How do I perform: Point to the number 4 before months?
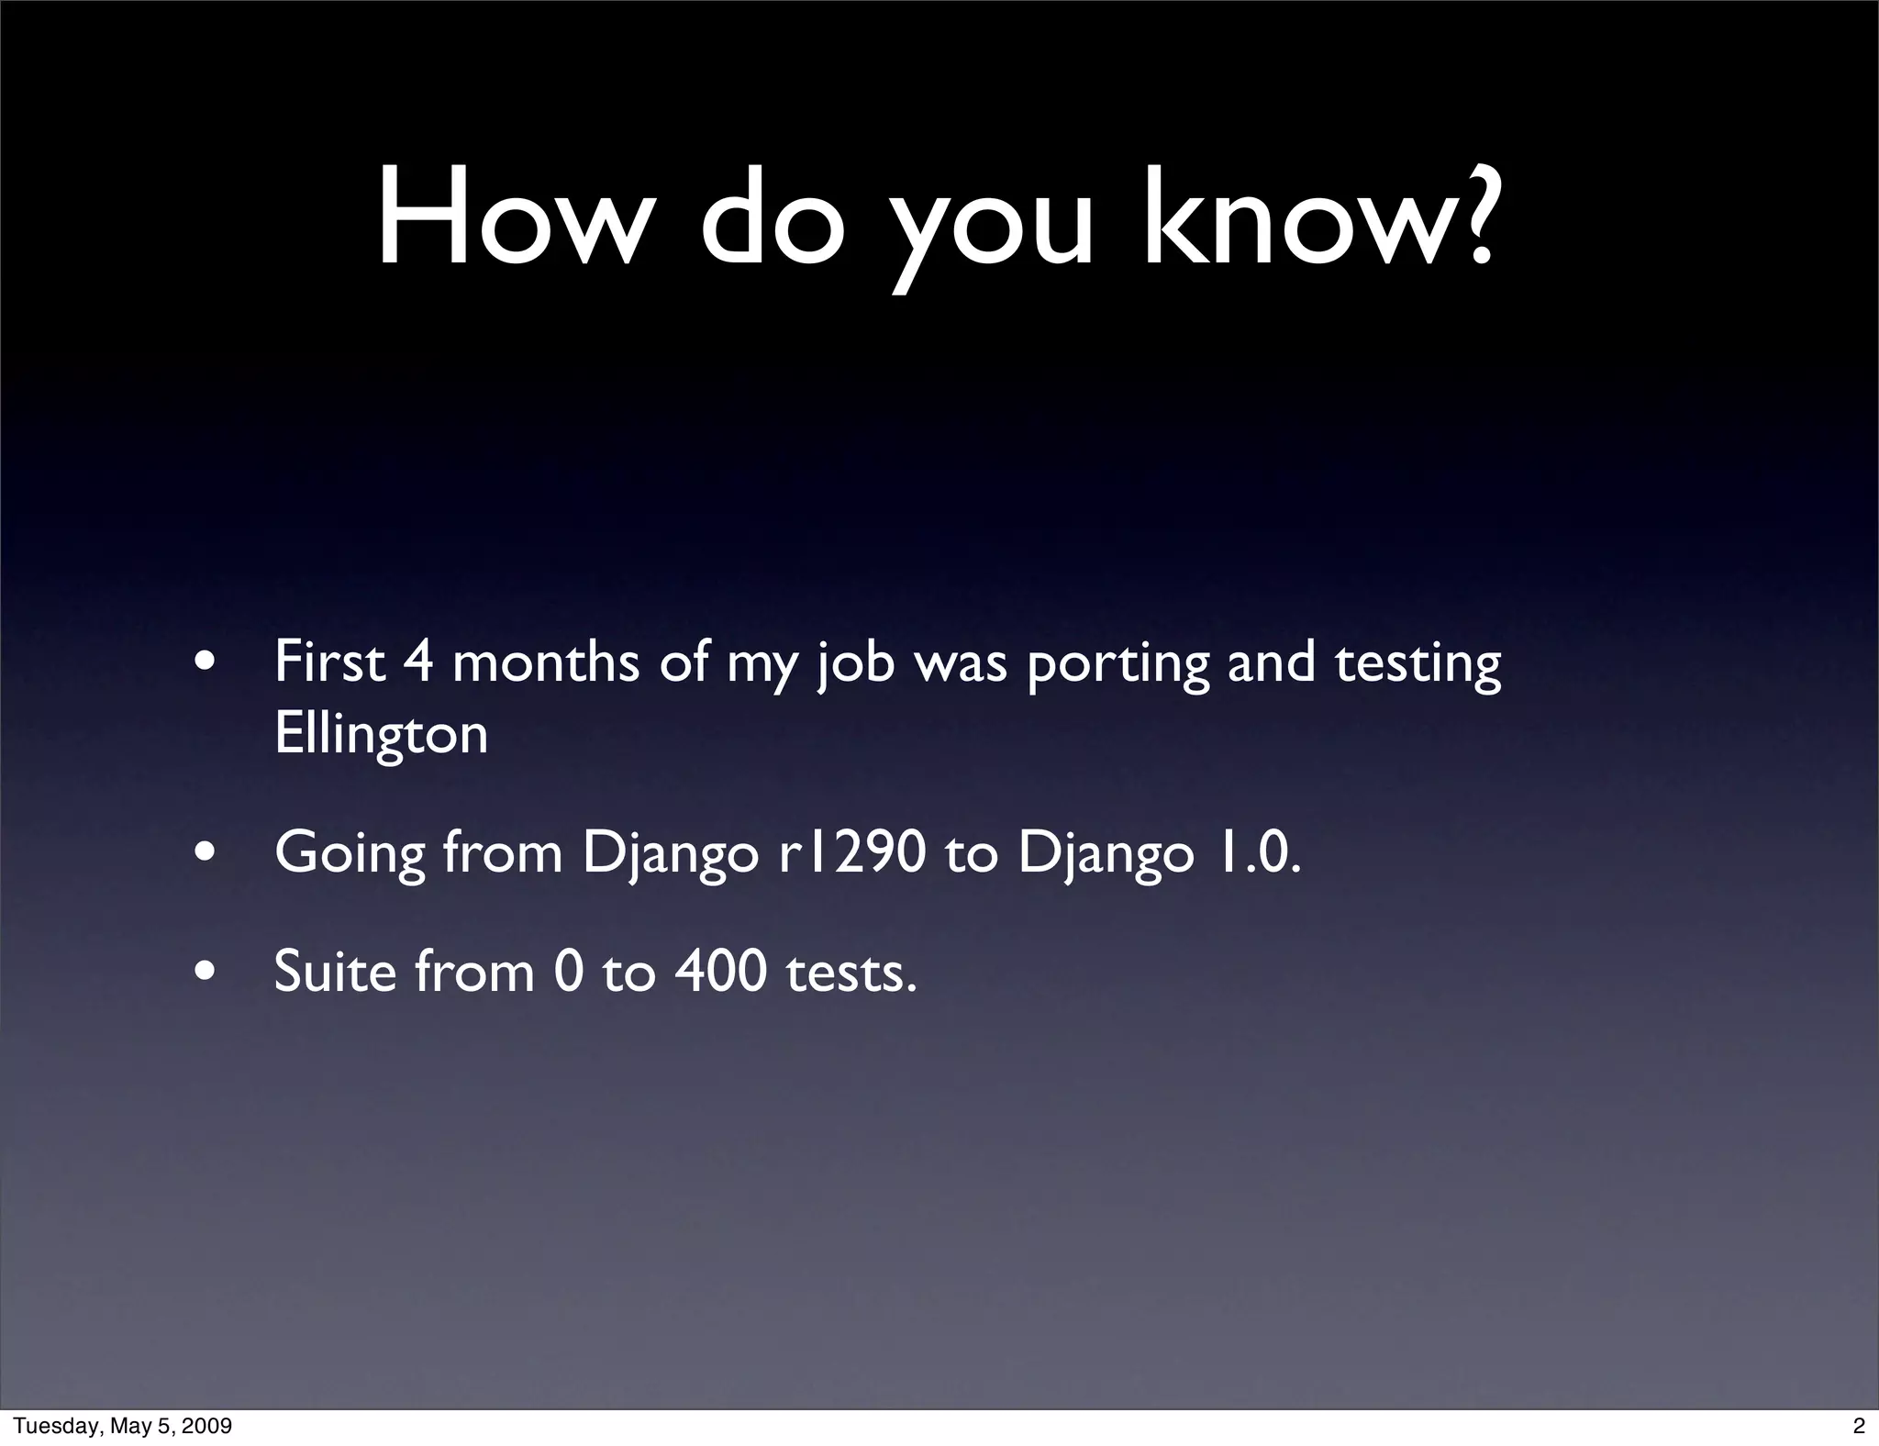[417, 662]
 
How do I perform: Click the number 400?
[721, 972]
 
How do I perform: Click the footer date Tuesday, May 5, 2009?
[122, 1426]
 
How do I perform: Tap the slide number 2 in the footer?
[1859, 1426]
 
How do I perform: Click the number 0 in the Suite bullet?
[569, 972]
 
